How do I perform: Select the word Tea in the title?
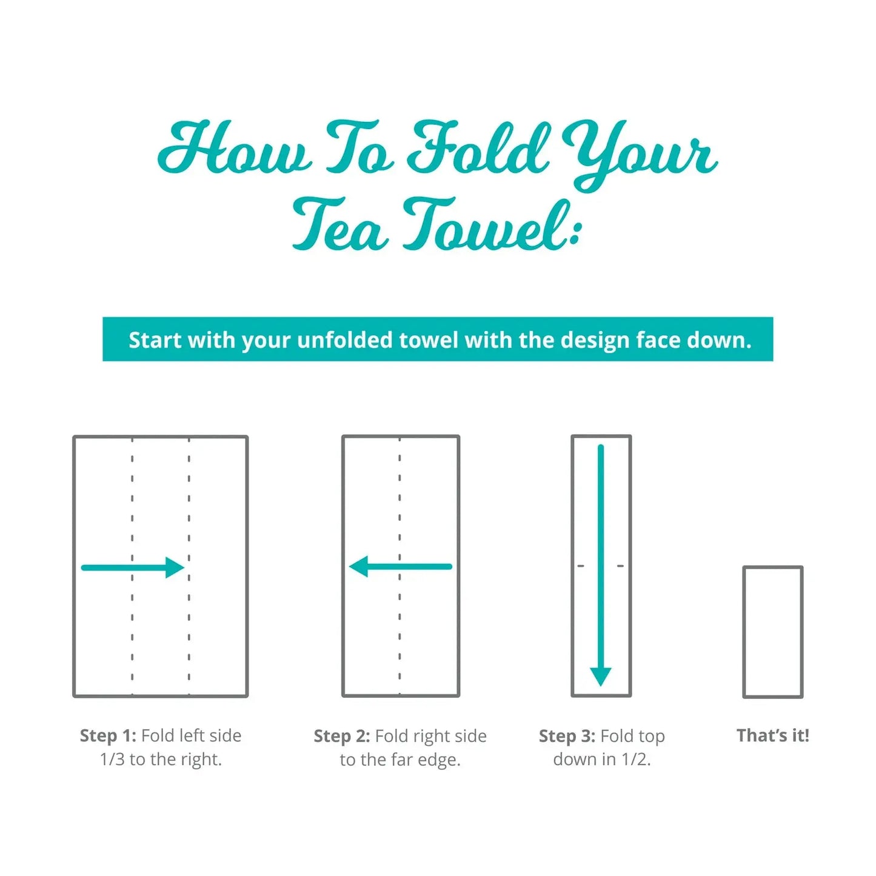tap(341, 225)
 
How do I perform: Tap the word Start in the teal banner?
tap(155, 341)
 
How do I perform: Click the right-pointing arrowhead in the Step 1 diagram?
tap(175, 567)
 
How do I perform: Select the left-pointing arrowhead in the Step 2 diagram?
tap(358, 566)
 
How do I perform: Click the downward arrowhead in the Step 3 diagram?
tap(601, 677)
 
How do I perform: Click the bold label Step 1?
tap(108, 735)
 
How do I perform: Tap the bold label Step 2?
tap(342, 735)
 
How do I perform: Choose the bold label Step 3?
tap(567, 735)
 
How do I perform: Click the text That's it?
tap(773, 735)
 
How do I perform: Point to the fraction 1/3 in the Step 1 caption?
tap(112, 759)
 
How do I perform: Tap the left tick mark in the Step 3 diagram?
tap(581, 566)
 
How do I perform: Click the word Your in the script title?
tap(639, 152)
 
